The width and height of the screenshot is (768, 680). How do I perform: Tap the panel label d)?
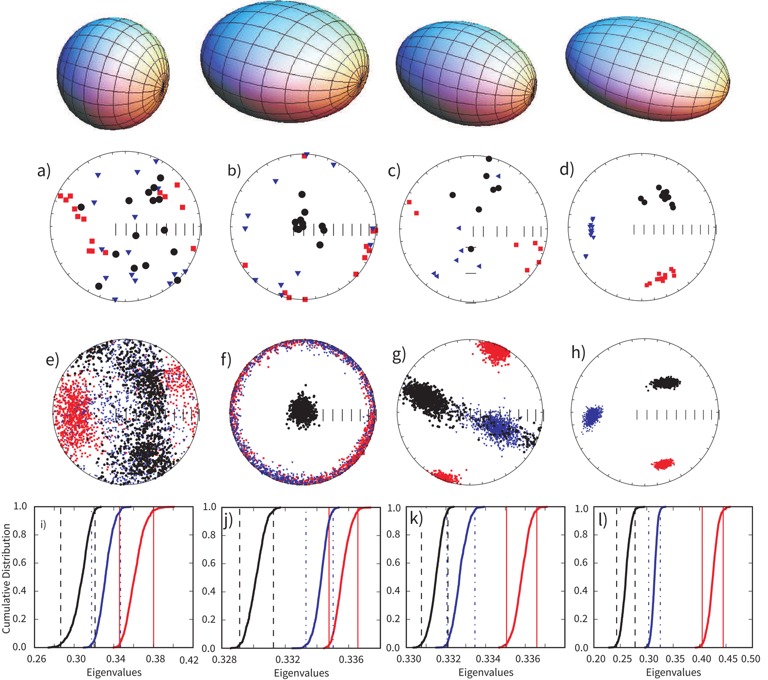pos(566,169)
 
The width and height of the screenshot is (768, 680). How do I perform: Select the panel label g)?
pos(399,355)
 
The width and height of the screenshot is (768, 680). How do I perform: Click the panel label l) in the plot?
pos(602,520)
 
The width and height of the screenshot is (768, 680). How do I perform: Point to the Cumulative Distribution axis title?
pos(6,578)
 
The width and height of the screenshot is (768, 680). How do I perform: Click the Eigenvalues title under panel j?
pos(301,673)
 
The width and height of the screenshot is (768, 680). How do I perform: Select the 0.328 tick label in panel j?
pos(224,660)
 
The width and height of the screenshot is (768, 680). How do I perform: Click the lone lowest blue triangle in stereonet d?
pos(586,256)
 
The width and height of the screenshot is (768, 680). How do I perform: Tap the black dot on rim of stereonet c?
pos(489,159)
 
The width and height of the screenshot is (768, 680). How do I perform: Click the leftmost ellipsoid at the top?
pos(113,74)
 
